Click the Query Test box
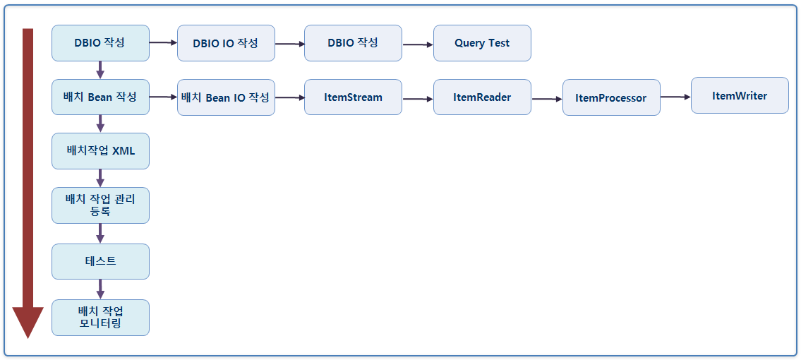coord(481,43)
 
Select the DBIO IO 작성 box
coord(225,43)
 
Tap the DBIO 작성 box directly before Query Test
coord(353,43)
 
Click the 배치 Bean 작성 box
coord(100,97)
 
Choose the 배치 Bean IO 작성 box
coord(225,97)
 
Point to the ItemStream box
coord(353,97)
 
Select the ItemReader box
coord(481,97)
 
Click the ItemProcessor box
coord(610,98)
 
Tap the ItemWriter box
coord(739,95)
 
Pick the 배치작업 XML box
coord(100,151)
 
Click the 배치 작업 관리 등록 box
coord(100,205)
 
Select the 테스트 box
coord(100,261)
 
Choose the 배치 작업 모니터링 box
coord(100,317)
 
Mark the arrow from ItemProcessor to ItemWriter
coord(675,97)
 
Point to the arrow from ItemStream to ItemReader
coord(417,99)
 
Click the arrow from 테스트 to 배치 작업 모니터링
coord(100,289)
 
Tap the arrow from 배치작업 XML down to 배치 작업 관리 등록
coord(100,178)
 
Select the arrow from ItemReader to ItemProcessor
coord(546,100)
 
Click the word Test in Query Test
coord(498,43)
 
